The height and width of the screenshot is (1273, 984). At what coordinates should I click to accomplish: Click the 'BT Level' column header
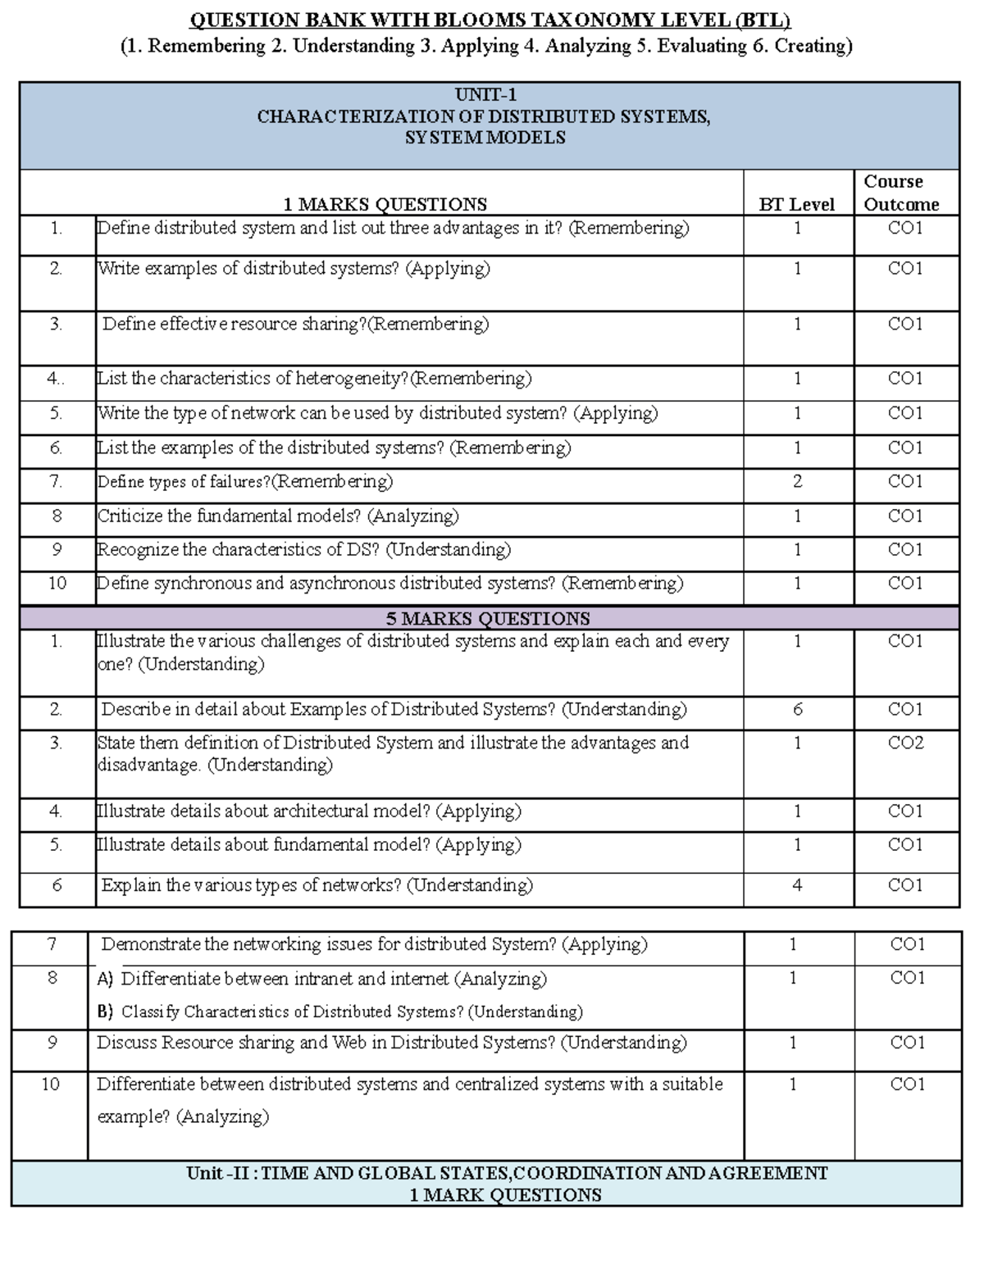[796, 204]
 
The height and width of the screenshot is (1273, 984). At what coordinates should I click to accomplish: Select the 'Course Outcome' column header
[901, 193]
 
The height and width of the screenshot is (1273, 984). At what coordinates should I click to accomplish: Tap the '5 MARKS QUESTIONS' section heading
[488, 618]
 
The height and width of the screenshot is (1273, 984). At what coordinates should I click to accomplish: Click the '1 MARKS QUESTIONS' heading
[385, 204]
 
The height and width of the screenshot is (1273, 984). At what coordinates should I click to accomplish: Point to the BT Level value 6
[797, 709]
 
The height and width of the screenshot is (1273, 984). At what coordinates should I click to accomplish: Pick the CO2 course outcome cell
[905, 743]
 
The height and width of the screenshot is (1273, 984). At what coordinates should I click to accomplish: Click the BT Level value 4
[797, 884]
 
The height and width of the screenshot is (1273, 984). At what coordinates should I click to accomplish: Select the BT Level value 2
[797, 481]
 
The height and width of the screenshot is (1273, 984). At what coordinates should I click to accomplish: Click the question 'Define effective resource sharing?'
[295, 324]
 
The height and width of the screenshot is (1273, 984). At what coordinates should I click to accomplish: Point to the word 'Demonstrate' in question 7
[151, 944]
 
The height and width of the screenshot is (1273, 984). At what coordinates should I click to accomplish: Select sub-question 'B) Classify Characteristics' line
[339, 1012]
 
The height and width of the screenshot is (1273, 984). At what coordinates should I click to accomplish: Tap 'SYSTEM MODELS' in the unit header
[485, 138]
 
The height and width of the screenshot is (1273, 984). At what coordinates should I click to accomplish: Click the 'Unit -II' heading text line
[507, 1173]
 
